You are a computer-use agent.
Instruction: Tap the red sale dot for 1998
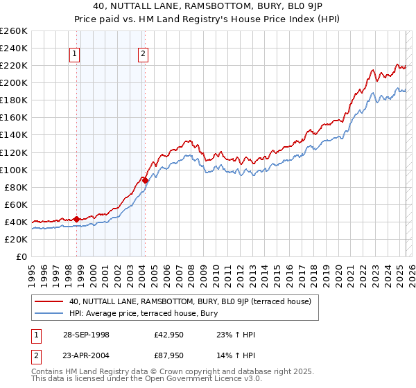[77, 219]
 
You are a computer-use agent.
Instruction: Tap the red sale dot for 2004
[145, 180]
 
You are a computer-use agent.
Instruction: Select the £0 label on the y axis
[21, 256]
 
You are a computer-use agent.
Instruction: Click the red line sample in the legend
[49, 301]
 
